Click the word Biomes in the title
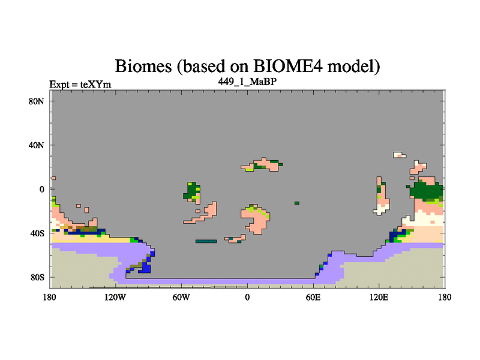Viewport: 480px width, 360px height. click(143, 66)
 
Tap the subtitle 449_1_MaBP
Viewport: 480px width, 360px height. click(247, 82)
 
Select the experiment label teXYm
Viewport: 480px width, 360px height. click(95, 85)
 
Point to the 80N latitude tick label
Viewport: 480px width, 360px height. click(37, 101)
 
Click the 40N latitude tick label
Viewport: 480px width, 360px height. click(37, 145)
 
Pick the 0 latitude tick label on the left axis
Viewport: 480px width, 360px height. click(41, 189)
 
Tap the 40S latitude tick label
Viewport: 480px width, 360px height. click(37, 233)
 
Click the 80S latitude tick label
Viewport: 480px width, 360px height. click(37, 277)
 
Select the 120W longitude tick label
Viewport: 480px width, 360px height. click(115, 297)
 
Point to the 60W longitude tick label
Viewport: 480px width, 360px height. click(181, 297)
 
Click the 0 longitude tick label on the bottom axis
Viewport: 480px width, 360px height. click(247, 297)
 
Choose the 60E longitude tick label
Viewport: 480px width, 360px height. click(313, 297)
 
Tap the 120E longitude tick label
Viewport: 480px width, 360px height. click(379, 297)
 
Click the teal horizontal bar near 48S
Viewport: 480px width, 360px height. click(206, 241)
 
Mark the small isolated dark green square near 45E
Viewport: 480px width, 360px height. click(297, 203)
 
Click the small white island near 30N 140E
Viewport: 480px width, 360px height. click(400, 155)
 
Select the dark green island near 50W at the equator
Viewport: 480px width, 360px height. click(191, 192)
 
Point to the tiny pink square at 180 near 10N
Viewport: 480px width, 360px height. click(54, 178)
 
